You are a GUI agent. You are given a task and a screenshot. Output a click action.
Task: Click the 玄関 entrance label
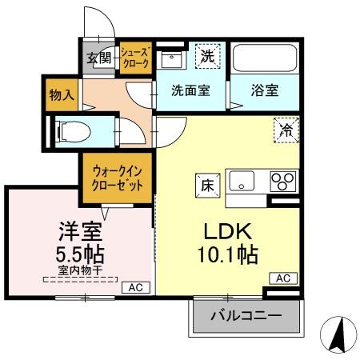point(99,58)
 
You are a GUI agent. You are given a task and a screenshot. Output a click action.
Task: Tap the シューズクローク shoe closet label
point(134,59)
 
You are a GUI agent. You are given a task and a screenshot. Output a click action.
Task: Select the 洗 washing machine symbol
point(207,57)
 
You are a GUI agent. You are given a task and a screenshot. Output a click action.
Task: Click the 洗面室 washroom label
point(190,90)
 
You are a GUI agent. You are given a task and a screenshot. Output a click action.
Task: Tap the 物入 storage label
point(62,94)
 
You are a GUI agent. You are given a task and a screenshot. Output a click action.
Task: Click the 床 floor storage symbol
point(205,182)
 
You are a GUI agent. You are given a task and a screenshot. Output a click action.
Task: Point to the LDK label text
point(227,232)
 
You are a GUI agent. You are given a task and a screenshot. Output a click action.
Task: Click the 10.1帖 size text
point(228,256)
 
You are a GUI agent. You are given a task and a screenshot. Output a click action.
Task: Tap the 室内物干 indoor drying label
point(80,271)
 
